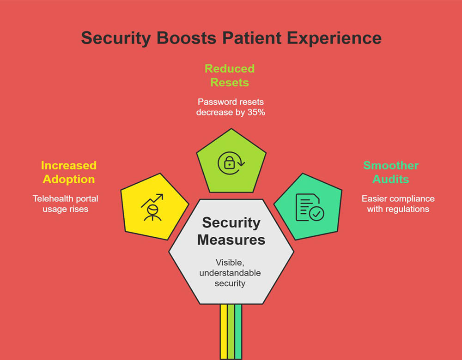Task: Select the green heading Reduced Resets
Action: (x=230, y=76)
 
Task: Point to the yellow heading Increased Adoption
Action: (x=68, y=172)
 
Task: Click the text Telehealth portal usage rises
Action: (x=65, y=204)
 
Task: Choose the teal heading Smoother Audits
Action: (x=391, y=172)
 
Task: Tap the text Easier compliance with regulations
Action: (x=398, y=204)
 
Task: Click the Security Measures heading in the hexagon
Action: (x=231, y=231)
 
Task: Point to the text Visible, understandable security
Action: (x=230, y=272)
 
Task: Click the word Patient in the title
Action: (x=245, y=38)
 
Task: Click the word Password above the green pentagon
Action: (x=215, y=102)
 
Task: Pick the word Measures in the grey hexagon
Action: (x=231, y=240)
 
